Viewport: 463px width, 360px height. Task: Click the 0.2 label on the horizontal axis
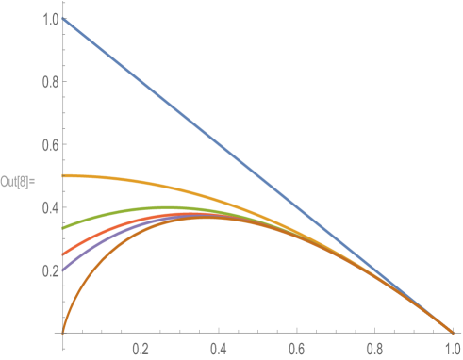141,348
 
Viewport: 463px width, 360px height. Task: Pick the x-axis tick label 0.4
219,348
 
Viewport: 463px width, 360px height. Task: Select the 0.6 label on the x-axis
296,348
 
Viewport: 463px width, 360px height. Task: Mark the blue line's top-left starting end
63,19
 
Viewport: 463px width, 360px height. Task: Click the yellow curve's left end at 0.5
64,175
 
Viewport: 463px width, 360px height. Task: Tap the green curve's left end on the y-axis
64,227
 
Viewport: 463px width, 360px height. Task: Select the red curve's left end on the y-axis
64,254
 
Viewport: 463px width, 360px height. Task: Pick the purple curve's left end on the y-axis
64,270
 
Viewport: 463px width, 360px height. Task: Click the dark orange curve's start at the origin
63,331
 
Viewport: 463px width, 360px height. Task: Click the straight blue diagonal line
257,175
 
